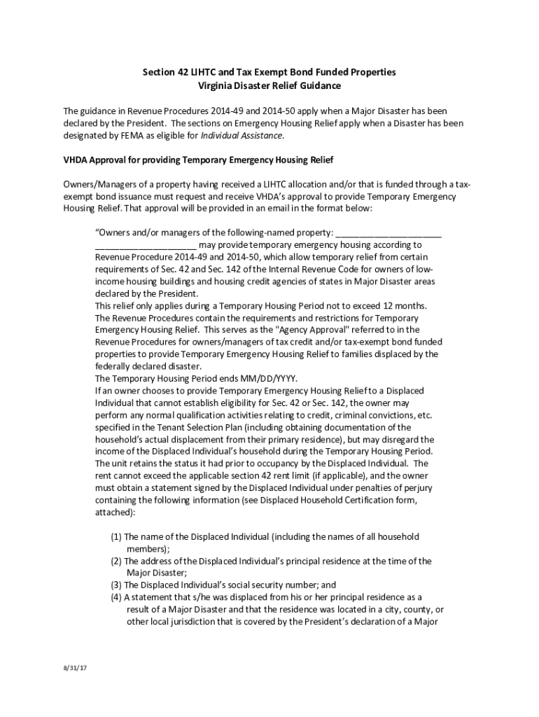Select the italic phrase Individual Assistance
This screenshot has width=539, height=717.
(242, 135)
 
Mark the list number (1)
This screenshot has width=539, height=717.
(116, 536)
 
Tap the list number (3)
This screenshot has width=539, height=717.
(116, 585)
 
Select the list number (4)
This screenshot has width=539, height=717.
(116, 597)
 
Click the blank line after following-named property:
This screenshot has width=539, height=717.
(388, 232)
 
